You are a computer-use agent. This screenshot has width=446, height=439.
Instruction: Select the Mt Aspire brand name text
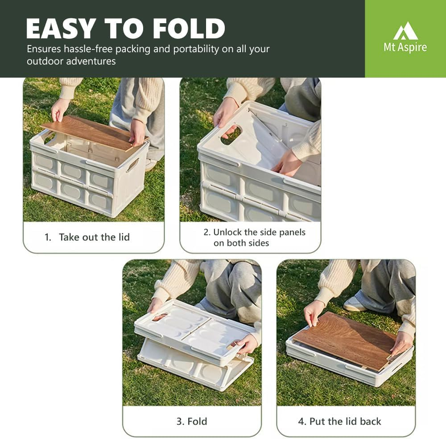[x=405, y=47]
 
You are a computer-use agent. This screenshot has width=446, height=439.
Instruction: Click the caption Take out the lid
[x=94, y=237]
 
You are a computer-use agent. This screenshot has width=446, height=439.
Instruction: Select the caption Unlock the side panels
[x=260, y=232]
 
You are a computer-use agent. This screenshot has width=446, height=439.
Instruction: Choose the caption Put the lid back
[x=345, y=421]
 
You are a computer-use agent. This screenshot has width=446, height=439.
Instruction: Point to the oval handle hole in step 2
[x=231, y=135]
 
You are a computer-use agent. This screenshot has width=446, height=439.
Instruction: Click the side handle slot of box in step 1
[x=132, y=165]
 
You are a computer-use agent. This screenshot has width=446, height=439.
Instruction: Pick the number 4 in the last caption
[x=301, y=421]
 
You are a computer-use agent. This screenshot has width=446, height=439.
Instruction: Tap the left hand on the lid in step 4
[x=313, y=312]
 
